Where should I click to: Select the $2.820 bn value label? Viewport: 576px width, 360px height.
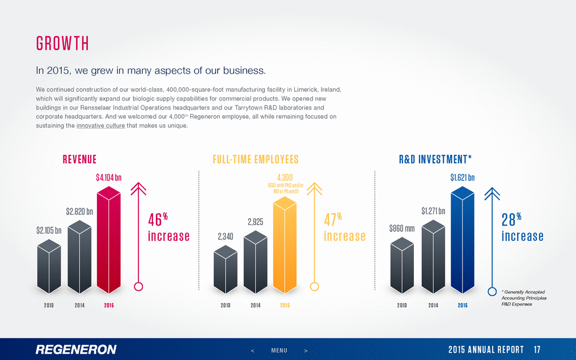[x=79, y=212]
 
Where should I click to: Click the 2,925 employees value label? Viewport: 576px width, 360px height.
[x=255, y=222]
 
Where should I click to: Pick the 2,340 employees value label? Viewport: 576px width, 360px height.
[x=226, y=238]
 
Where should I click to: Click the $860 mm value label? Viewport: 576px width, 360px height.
[x=402, y=229]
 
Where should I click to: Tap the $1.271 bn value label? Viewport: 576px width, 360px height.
[x=433, y=211]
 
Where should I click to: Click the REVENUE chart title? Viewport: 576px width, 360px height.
[x=79, y=159]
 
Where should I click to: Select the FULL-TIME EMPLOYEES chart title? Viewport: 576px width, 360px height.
[x=256, y=159]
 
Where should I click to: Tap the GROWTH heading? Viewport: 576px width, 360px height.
[x=62, y=44]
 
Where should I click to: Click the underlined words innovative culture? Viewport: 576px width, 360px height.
[x=100, y=125]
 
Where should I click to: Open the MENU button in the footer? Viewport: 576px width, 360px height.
[x=279, y=350]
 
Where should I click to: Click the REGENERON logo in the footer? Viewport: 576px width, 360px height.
[x=76, y=349]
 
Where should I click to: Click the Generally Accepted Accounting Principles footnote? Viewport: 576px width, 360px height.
[x=523, y=298]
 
